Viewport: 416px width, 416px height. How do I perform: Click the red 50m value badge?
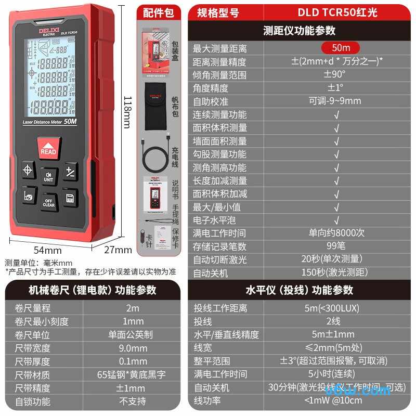341,48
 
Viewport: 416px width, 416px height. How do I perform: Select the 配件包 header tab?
158,12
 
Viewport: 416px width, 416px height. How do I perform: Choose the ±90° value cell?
335,74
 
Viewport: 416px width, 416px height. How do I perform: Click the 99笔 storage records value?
335,246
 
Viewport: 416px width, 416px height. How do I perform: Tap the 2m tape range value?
133,308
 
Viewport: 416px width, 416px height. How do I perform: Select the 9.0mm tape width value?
133,348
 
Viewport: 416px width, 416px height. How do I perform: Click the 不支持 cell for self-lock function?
133,401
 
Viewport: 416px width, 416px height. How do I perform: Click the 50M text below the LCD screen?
71,122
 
